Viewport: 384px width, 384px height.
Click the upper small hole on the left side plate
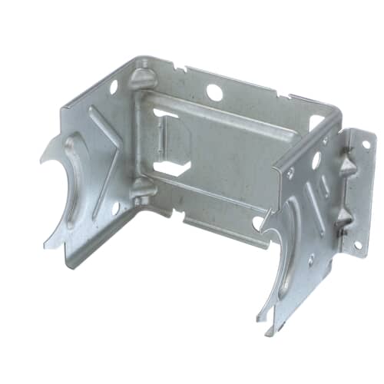click(x=114, y=87)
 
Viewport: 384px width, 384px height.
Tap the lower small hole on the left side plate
click(x=115, y=207)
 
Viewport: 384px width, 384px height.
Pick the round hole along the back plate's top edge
click(x=215, y=93)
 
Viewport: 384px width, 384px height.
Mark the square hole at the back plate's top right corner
click(x=316, y=121)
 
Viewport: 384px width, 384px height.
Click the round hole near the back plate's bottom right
click(x=258, y=222)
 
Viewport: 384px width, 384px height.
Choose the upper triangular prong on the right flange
click(x=346, y=167)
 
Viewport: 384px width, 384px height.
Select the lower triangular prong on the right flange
click(x=343, y=217)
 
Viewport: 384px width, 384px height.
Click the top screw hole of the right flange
click(x=366, y=144)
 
